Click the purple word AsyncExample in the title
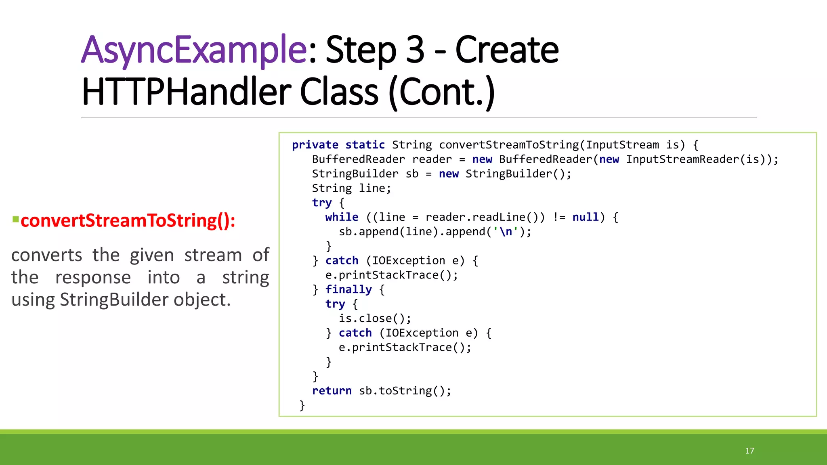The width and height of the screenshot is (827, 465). [194, 50]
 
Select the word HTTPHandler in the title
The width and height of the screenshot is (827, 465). [186, 92]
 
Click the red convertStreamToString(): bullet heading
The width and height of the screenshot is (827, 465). [128, 221]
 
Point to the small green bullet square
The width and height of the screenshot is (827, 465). [16, 220]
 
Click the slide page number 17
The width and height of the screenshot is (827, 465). [749, 451]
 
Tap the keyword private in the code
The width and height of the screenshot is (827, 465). [315, 145]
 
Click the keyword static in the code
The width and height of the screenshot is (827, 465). [365, 145]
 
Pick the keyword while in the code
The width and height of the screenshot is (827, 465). [342, 217]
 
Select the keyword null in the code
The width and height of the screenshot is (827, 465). [586, 217]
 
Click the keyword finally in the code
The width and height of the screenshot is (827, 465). [348, 289]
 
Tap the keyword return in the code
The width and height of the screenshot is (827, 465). [332, 391]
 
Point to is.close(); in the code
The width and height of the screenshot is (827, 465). [375, 318]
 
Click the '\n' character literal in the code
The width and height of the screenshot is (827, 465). [506, 232]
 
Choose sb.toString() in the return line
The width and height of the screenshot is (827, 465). [405, 391]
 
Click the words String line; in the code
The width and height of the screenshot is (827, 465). [351, 188]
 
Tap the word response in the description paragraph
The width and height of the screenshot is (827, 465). [93, 278]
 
